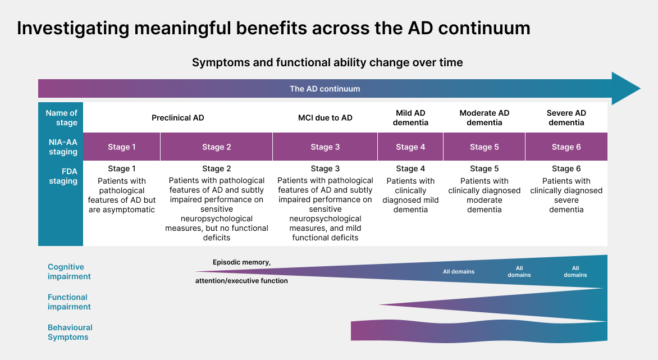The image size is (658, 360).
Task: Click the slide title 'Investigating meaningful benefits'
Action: (x=273, y=28)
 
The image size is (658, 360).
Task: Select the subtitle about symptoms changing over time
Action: (x=327, y=62)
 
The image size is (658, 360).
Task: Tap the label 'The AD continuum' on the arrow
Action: (x=325, y=89)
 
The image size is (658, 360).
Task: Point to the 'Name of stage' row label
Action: (x=61, y=117)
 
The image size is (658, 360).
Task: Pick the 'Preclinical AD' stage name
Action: (x=177, y=118)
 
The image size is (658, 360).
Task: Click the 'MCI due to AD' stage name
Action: (x=325, y=118)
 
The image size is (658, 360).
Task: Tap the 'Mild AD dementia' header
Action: (x=410, y=117)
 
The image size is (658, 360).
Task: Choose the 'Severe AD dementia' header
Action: (x=566, y=117)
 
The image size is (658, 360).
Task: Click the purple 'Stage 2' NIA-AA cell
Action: (x=216, y=147)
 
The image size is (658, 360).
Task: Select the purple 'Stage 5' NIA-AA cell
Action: (x=484, y=147)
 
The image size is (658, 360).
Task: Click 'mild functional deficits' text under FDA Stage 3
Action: (x=325, y=233)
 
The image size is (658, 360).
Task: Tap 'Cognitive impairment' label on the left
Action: (x=69, y=271)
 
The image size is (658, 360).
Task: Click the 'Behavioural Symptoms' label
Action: (x=70, y=332)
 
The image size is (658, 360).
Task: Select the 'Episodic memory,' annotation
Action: (x=241, y=262)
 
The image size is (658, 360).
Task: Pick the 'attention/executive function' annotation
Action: (x=241, y=281)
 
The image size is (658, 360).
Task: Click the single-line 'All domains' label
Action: (x=458, y=272)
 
